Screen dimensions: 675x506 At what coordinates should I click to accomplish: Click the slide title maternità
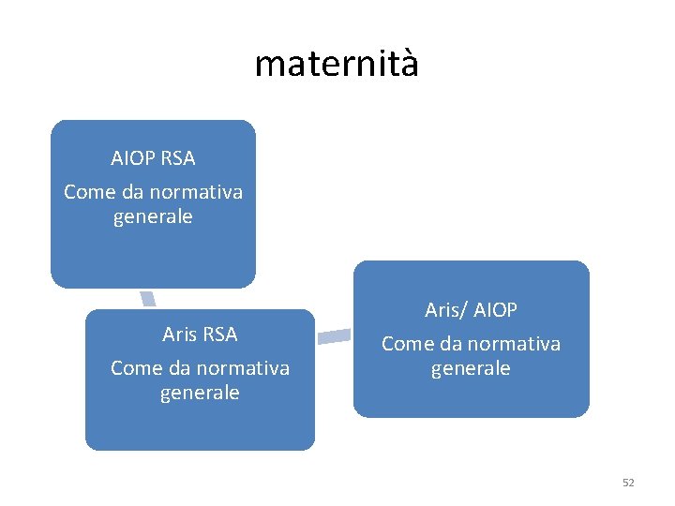[x=337, y=64]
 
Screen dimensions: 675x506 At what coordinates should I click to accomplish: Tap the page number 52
[x=628, y=483]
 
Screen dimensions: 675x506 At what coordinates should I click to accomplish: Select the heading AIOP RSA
[x=153, y=158]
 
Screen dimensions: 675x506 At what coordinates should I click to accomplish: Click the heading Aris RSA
[x=200, y=334]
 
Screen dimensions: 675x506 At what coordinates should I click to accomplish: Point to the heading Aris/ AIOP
[x=471, y=309]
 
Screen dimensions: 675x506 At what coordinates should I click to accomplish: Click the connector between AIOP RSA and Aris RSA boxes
[x=148, y=299]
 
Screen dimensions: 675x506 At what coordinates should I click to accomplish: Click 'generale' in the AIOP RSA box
[x=153, y=216]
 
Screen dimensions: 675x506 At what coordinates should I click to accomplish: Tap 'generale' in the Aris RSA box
[x=200, y=393]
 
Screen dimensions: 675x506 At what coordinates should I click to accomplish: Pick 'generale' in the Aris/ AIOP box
[x=471, y=368]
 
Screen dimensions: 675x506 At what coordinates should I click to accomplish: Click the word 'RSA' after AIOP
[x=177, y=158]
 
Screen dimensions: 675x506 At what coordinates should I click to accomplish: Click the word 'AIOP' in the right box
[x=495, y=309]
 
